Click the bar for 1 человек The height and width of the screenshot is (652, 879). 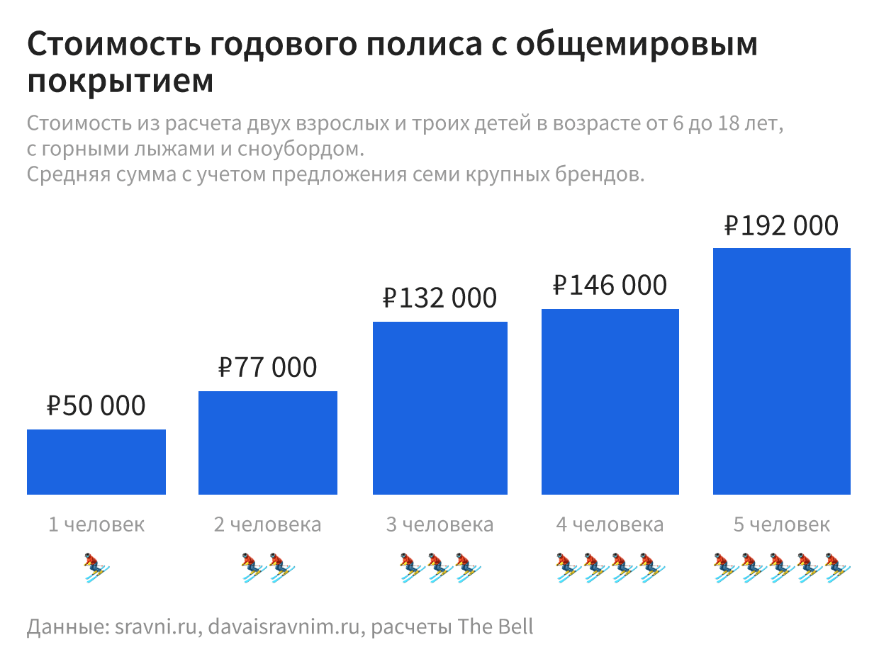point(96,461)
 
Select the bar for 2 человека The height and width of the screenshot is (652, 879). point(268,442)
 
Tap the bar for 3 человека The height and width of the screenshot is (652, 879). point(440,407)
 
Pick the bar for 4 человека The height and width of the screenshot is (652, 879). point(610,401)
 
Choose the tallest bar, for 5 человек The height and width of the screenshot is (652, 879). point(782,371)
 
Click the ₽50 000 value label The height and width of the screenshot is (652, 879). point(96,406)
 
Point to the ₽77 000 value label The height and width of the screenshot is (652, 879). point(268,368)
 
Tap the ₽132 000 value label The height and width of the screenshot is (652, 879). point(440,298)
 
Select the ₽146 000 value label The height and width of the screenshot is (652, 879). point(610,285)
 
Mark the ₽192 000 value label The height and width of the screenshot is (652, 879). point(782,226)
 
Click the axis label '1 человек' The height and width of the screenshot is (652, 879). point(96,525)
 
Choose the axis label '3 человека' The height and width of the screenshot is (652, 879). point(440,525)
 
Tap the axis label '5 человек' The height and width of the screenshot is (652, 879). point(782,525)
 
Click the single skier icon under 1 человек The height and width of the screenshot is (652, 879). point(96,567)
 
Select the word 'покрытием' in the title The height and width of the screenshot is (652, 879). point(121,81)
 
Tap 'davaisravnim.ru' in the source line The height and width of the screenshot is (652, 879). point(288,627)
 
